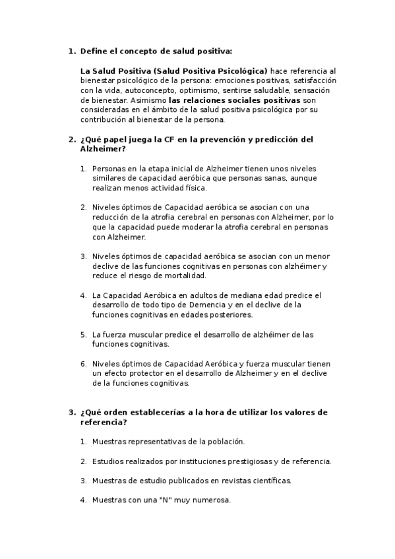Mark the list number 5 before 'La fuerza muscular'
click(x=84, y=334)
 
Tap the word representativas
click(x=159, y=442)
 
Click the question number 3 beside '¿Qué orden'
click(x=71, y=412)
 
